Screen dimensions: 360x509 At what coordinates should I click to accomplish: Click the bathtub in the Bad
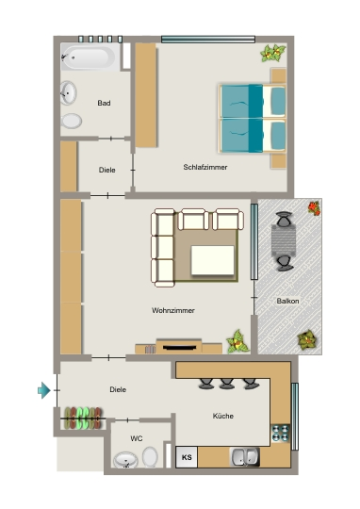click(x=90, y=57)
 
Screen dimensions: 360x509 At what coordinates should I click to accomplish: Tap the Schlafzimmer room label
click(x=205, y=167)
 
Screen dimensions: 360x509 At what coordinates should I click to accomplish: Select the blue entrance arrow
click(x=44, y=390)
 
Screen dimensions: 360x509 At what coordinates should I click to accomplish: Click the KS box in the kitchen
click(x=187, y=457)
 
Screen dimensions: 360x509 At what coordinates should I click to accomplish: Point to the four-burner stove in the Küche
click(x=281, y=433)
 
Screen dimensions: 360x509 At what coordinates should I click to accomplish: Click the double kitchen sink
click(x=244, y=457)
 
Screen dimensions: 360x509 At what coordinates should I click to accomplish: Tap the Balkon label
click(x=287, y=302)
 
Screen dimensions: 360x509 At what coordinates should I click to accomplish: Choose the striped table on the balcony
click(x=284, y=240)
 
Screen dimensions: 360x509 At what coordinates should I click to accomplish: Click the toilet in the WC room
click(x=150, y=457)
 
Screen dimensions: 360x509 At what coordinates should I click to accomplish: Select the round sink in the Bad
click(x=68, y=93)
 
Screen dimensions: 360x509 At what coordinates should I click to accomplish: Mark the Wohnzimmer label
click(x=173, y=311)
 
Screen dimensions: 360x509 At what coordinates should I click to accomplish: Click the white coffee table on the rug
click(x=213, y=260)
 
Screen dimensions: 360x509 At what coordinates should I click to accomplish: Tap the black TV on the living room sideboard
click(x=179, y=348)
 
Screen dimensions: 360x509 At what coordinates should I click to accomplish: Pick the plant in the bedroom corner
click(x=272, y=53)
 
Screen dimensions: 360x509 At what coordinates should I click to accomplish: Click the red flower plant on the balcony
click(x=314, y=208)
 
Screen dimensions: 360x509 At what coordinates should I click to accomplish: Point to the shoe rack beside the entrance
click(x=83, y=419)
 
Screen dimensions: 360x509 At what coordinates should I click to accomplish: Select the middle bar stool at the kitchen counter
click(x=227, y=384)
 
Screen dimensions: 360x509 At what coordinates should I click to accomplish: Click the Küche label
click(x=223, y=416)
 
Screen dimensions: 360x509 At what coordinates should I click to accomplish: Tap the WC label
click(x=137, y=438)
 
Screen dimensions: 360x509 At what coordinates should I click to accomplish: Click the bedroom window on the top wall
click(x=208, y=40)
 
